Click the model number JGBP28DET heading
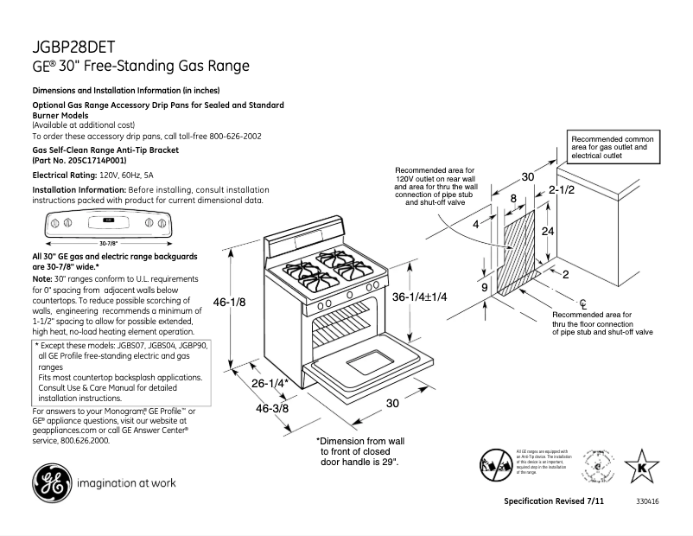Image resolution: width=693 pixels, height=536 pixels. click(x=74, y=47)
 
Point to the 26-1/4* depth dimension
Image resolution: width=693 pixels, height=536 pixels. click(x=269, y=383)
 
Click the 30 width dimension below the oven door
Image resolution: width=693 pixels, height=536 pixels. click(x=391, y=404)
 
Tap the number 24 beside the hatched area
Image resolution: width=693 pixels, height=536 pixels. click(x=547, y=232)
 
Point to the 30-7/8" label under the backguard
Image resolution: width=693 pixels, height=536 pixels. click(x=109, y=243)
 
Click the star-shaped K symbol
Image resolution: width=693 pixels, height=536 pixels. click(x=640, y=468)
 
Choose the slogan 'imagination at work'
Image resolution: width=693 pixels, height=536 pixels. click(x=127, y=483)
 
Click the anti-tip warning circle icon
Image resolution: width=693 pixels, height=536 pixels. click(x=495, y=464)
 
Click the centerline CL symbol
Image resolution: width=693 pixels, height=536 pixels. click(x=583, y=303)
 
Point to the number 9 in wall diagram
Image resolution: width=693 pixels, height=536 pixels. click(x=484, y=287)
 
